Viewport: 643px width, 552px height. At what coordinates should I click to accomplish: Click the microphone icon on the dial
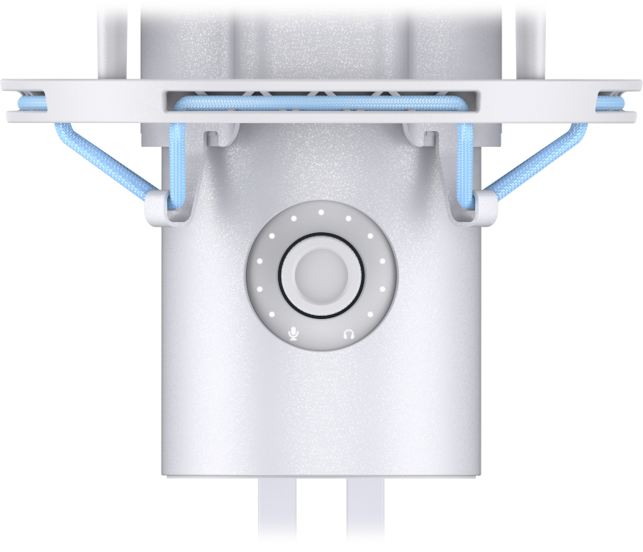click(x=293, y=333)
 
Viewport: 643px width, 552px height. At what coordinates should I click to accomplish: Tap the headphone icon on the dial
click(x=348, y=333)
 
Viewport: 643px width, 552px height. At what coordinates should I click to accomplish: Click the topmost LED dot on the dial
click(x=321, y=213)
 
